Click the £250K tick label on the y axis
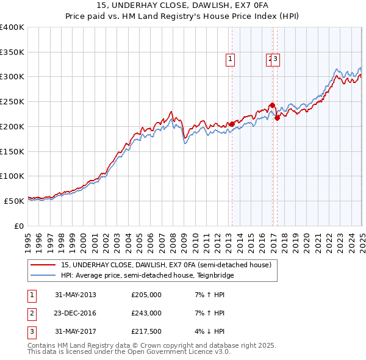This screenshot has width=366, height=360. point(12,102)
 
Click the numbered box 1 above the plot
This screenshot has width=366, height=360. point(231,59)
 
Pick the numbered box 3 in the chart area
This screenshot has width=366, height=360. point(276,59)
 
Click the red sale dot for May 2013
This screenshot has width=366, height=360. point(232,124)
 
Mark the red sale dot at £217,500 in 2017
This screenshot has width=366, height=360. point(277,118)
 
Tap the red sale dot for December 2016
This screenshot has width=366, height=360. point(272,105)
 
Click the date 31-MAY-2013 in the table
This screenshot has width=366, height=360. point(76,295)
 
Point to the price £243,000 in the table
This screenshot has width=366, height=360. point(146,314)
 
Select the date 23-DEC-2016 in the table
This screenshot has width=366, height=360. point(76,314)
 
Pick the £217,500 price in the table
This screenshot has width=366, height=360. point(146,333)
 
